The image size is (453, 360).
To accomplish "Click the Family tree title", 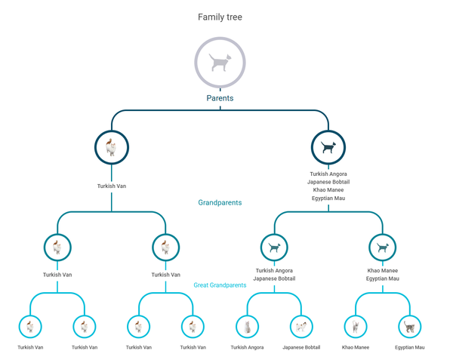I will point(220,17).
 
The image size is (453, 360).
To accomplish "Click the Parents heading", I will point(220,98).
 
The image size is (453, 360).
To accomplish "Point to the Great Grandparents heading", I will point(220,285).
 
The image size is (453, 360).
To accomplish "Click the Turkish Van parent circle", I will point(112,147).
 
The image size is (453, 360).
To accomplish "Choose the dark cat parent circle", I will point(328,147).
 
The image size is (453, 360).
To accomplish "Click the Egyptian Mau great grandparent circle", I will point(409,326).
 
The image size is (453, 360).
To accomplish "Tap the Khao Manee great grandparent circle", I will point(355,326).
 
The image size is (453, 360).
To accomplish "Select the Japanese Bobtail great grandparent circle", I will point(301,326).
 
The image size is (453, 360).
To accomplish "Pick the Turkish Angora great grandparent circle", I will point(247,326).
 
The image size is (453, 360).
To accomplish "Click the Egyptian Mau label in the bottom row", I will point(409,347).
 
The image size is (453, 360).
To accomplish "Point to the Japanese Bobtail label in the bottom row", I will point(301,347).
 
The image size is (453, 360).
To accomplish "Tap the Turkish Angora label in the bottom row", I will point(247,347).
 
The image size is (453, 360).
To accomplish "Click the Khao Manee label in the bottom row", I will point(355,347).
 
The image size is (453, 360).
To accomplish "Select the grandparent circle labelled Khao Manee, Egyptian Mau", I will point(382,247).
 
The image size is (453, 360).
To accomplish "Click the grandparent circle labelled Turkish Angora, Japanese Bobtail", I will point(274,247).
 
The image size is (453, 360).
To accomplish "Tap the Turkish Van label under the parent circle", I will point(112,186).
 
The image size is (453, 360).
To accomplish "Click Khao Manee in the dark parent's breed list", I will point(328,189).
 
